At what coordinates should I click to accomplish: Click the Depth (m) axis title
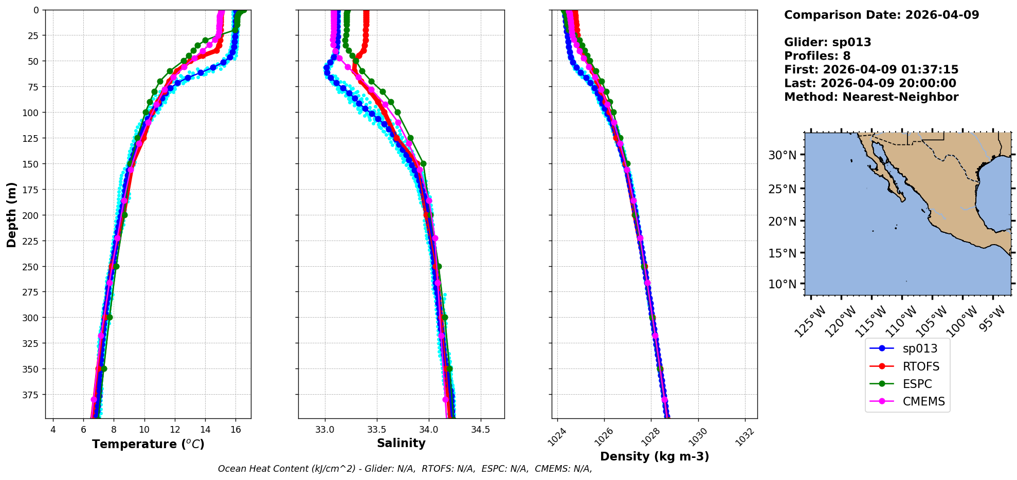[11, 214]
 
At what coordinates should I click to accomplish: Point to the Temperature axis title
[148, 444]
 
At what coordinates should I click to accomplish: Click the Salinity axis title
[401, 443]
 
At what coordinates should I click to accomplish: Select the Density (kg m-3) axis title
[655, 456]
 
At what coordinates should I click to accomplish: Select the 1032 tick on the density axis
[744, 437]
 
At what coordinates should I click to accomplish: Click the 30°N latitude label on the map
[782, 155]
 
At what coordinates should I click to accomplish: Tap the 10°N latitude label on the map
[782, 284]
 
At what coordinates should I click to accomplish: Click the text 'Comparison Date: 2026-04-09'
[881, 15]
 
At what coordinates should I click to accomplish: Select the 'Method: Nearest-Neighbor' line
[871, 97]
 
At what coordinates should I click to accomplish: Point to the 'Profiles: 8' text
[817, 56]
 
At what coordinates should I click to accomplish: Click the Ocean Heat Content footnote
[405, 469]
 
